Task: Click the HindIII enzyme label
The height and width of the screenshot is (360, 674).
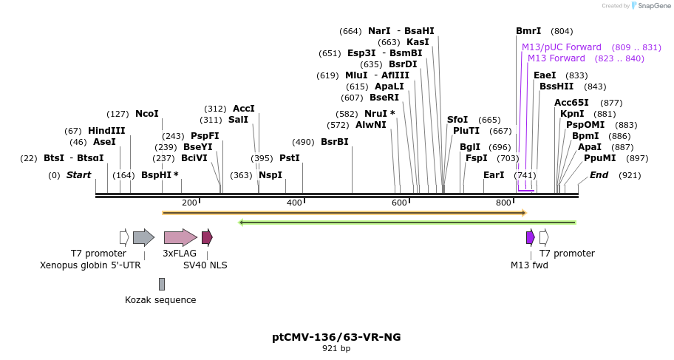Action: click(106, 131)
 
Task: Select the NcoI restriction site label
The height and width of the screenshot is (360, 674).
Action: click(146, 114)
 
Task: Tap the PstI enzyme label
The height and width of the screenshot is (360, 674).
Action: click(289, 158)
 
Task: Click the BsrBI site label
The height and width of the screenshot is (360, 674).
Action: click(334, 142)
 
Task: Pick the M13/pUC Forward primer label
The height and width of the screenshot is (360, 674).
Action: click(562, 47)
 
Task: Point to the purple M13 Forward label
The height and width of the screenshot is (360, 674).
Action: click(556, 58)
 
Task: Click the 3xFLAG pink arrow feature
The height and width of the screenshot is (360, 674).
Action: click(180, 237)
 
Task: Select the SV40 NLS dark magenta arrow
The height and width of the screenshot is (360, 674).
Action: click(207, 237)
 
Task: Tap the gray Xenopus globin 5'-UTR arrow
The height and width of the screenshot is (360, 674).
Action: click(143, 237)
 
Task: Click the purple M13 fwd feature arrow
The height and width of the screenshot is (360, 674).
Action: click(530, 237)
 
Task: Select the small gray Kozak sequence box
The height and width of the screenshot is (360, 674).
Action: click(162, 284)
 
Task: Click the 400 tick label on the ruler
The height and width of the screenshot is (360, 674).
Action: click(294, 203)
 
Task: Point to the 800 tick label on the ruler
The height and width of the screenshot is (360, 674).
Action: click(503, 203)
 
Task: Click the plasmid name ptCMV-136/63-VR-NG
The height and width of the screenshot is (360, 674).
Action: click(336, 337)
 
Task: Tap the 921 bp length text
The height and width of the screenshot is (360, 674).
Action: click(336, 348)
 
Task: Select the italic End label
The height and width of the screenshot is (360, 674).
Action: click(599, 175)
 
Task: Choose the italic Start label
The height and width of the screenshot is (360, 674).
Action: click(78, 175)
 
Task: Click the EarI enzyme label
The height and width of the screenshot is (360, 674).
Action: click(493, 175)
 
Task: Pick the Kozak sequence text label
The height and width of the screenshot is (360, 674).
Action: click(160, 300)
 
